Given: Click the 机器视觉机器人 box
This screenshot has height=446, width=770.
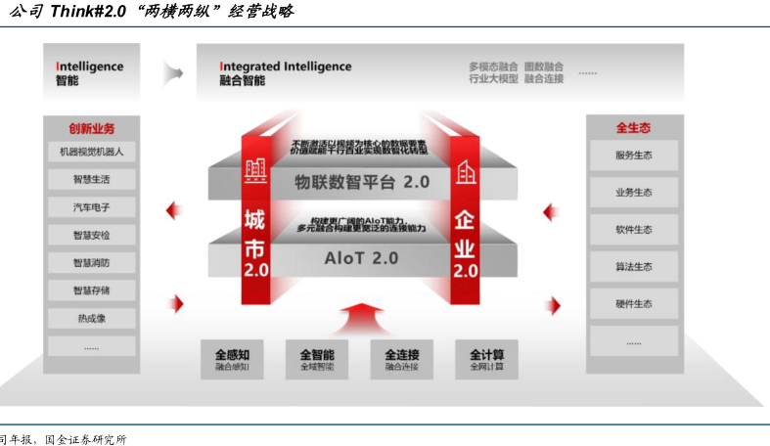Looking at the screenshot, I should click(91, 153).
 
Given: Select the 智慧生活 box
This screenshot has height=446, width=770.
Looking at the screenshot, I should click(91, 180).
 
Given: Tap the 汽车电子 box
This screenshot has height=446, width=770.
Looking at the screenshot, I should click(91, 207).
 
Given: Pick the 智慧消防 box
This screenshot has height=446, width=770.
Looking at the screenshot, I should click(91, 263).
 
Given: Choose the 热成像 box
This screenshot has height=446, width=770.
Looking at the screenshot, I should click(91, 318).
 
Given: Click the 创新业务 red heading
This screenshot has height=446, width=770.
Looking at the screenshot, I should click(91, 128).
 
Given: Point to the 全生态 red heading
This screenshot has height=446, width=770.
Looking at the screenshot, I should click(633, 128).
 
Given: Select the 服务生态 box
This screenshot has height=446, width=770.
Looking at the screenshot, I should click(633, 156).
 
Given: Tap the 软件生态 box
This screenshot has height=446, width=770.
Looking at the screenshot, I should click(633, 230).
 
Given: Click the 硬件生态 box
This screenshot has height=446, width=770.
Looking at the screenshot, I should click(633, 304).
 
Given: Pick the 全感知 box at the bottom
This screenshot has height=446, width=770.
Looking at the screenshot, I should click(232, 359).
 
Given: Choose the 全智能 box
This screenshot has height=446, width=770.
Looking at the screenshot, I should click(317, 359).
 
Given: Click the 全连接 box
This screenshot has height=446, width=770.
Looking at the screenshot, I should click(401, 359).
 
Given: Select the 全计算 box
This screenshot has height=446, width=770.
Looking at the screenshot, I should click(486, 359).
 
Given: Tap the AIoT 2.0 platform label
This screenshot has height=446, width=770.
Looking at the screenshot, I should click(361, 259).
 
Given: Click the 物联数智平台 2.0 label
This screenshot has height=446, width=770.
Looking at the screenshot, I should click(362, 182).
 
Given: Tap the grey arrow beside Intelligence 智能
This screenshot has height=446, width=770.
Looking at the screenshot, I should click(174, 72).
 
